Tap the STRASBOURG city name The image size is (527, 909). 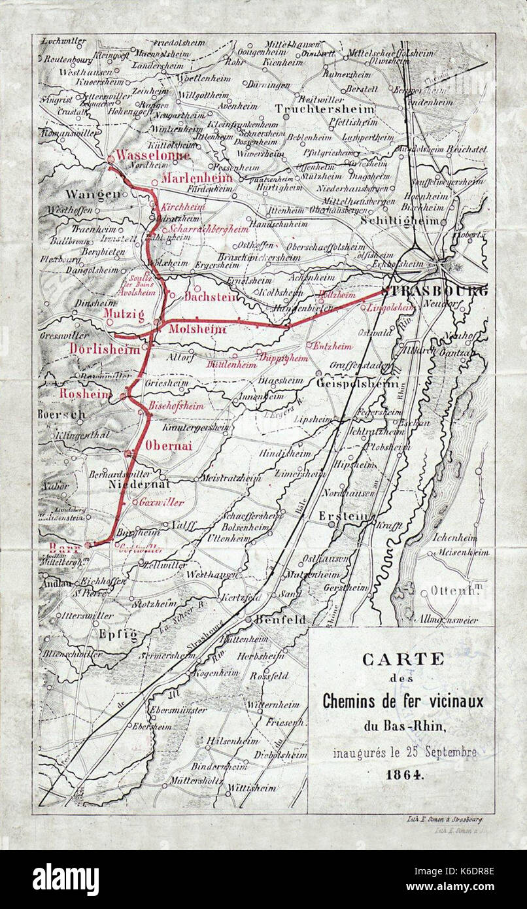[433, 292]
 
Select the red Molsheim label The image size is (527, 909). [197, 330]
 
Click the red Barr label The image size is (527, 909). [64, 546]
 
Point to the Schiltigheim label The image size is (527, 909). [399, 221]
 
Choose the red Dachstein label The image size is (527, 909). [210, 296]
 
